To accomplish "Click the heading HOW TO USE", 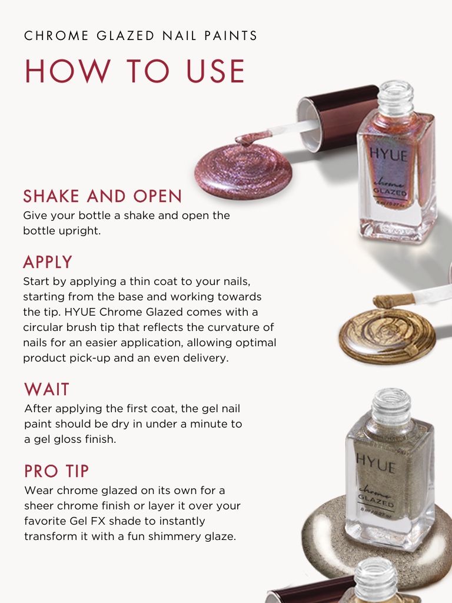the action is point(135,71).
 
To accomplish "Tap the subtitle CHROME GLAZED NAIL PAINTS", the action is point(140,36).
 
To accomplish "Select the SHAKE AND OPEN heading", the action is point(102,196).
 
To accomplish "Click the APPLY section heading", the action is point(48,262).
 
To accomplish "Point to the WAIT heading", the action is point(47,389).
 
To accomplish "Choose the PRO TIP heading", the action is point(56,471).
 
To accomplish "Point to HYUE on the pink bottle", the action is point(388,154).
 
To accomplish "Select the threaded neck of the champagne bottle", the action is point(391,406).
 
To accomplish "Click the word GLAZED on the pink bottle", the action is point(390,191).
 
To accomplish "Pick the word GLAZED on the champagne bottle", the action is point(376,501).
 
